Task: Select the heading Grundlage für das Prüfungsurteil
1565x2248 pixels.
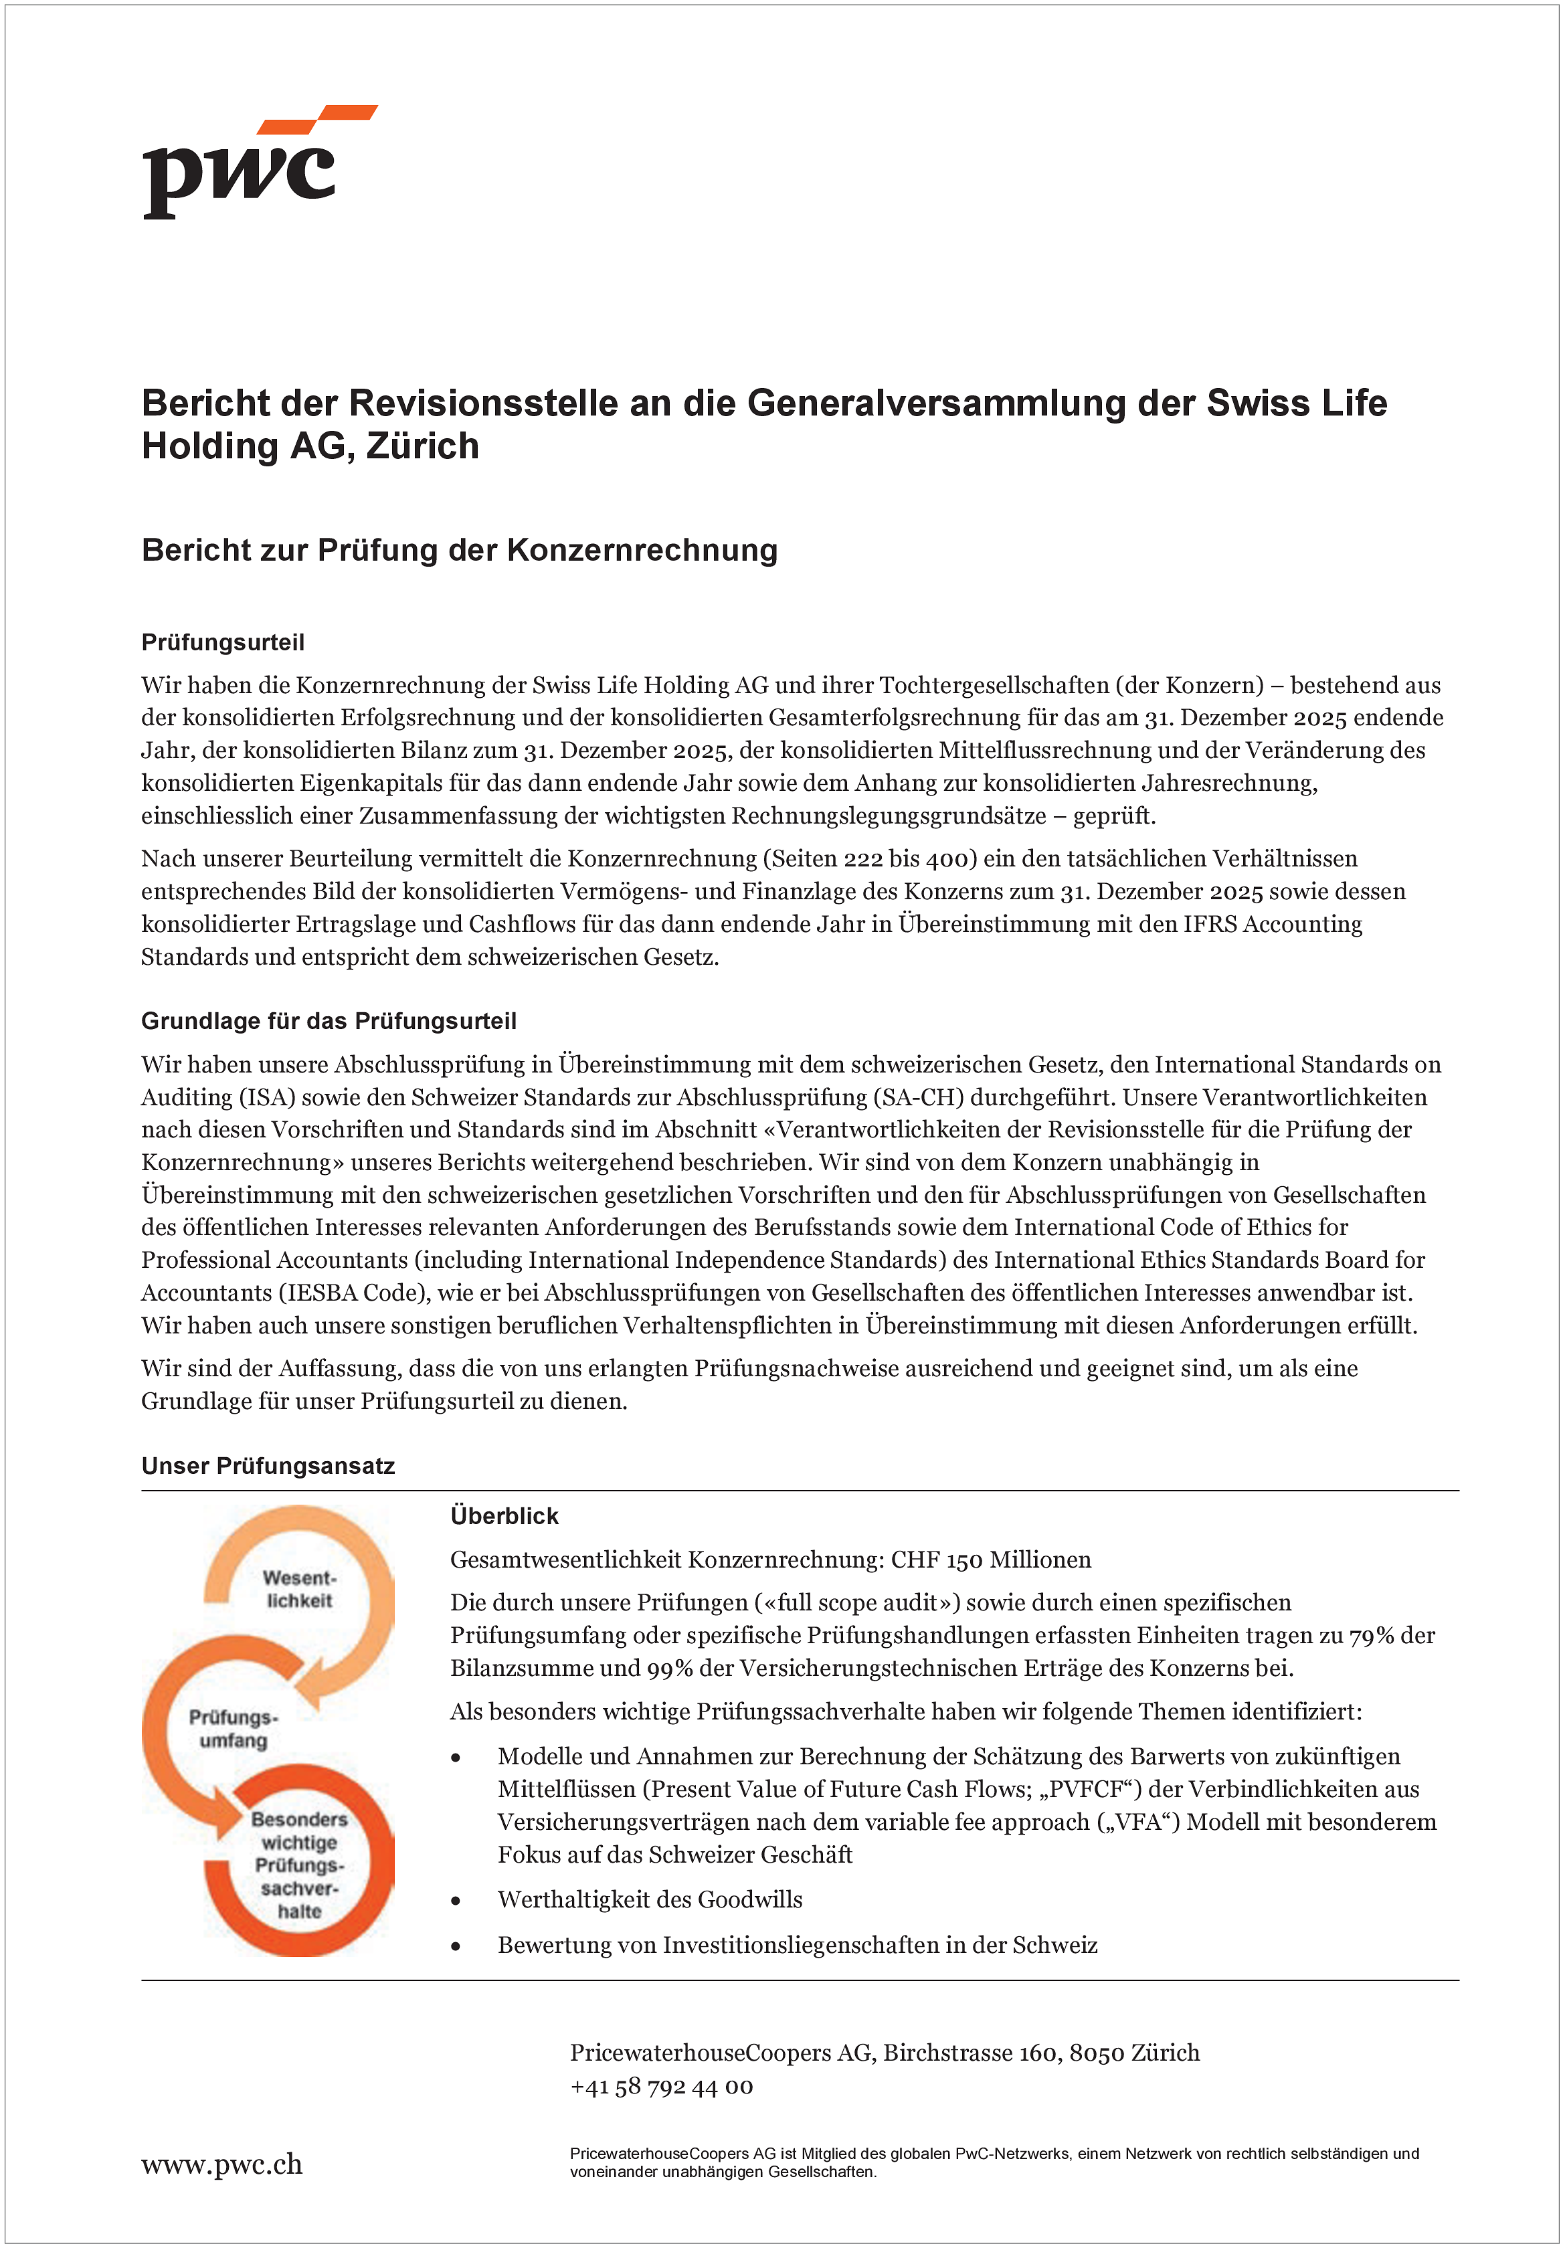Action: pos(328,1021)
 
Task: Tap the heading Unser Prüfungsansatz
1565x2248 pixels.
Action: pos(268,1466)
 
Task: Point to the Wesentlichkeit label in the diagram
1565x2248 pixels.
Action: pos(298,1589)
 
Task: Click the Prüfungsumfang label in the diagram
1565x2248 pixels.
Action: pos(233,1728)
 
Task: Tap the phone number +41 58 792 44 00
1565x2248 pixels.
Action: pos(661,2087)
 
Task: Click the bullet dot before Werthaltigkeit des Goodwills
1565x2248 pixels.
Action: pos(456,1900)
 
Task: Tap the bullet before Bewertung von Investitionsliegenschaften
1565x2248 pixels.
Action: pos(456,1946)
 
